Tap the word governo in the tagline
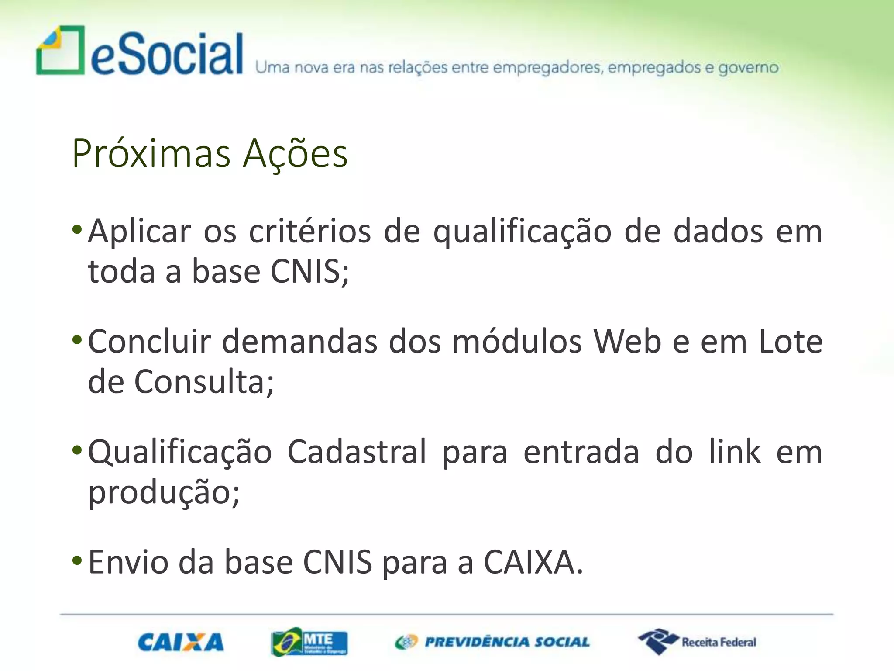tap(748, 68)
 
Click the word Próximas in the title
tap(151, 154)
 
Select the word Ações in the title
tap(295, 154)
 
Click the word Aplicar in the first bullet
tap(140, 231)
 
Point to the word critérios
tap(310, 231)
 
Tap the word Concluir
tap(150, 342)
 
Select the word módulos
tap(517, 342)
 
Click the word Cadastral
tap(357, 452)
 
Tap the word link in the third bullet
tap(735, 452)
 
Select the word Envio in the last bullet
tap(128, 563)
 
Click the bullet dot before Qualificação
tap(77, 450)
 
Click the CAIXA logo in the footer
tap(180, 643)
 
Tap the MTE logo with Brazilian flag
tap(309, 643)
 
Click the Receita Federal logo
tap(697, 642)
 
